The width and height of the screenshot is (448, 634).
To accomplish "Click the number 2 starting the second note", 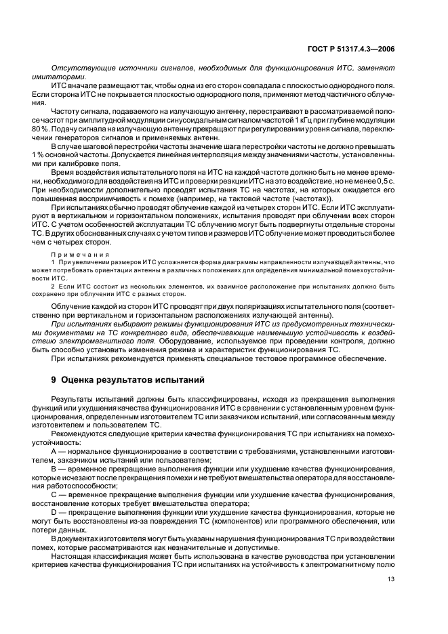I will click(x=53, y=287).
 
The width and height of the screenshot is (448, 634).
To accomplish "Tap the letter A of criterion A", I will click(x=54, y=451).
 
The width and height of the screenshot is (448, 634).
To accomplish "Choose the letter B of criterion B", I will click(x=54, y=468).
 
